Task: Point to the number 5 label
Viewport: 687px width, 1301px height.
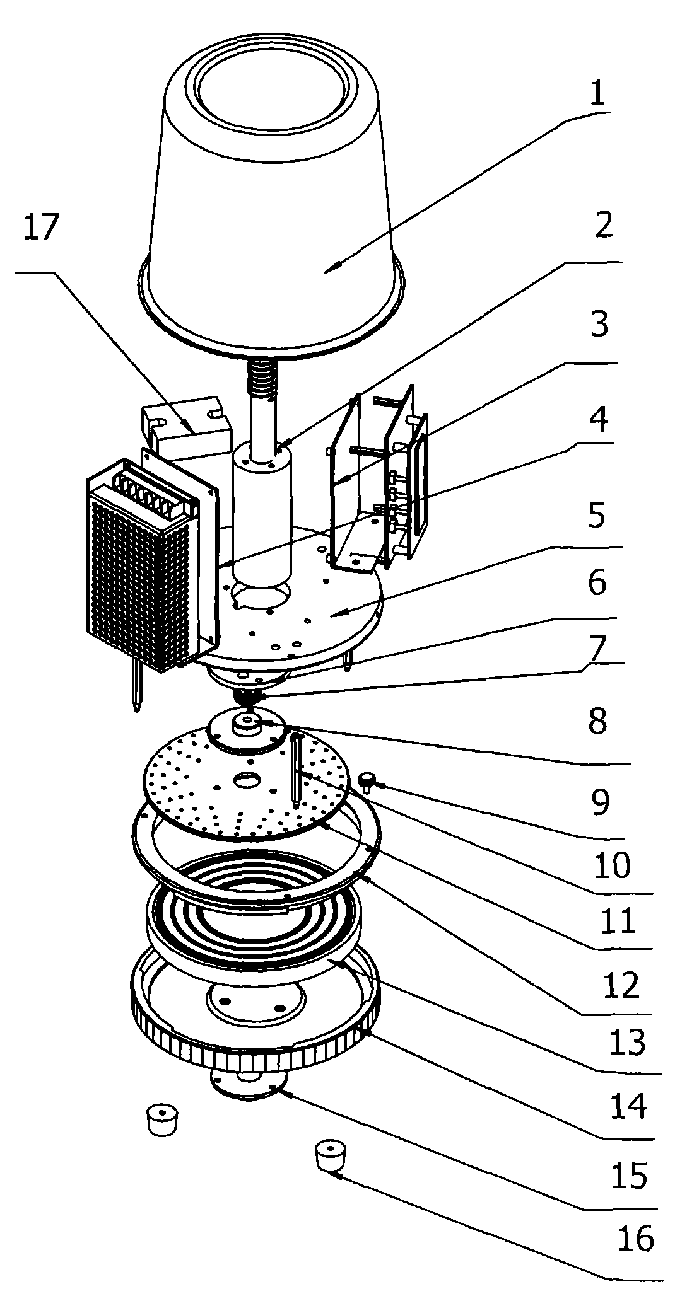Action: click(x=596, y=516)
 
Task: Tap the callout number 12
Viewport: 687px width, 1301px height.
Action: click(x=621, y=985)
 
